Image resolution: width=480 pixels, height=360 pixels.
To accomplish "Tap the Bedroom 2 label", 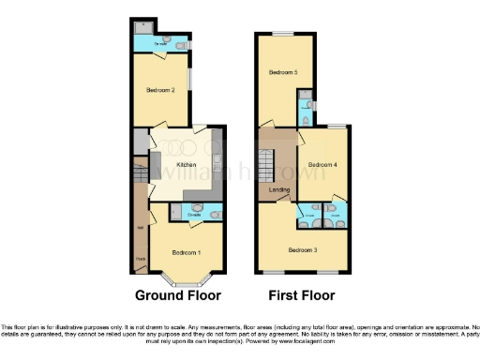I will (x=159, y=90).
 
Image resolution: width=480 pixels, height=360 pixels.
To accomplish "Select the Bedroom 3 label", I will (x=303, y=249).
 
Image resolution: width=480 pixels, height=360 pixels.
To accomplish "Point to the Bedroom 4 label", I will (x=322, y=165).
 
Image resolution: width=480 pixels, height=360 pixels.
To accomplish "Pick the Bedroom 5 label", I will (x=283, y=72).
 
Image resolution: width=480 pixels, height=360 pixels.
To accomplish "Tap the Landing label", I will (x=279, y=190).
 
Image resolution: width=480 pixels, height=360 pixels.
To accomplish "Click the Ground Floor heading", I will (x=178, y=294).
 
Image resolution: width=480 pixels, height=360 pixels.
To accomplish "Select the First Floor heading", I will (x=302, y=294).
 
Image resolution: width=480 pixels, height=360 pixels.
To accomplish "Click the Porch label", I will (x=141, y=258).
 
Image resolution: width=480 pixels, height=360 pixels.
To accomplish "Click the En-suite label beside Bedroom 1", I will (x=195, y=215).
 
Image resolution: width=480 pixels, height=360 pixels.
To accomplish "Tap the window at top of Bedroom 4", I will (x=334, y=126).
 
